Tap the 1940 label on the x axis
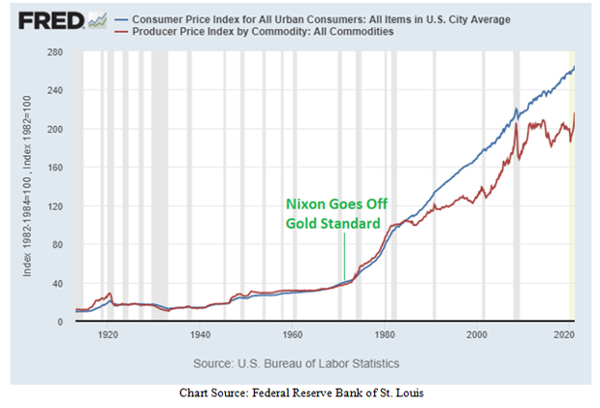pos(200,335)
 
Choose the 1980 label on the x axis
pos(385,335)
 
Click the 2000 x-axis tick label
pos(477,335)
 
